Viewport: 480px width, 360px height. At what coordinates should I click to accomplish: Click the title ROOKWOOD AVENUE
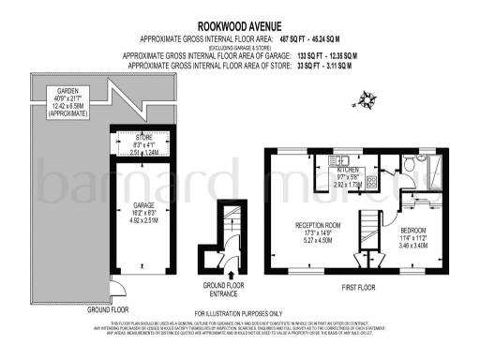pyautogui.click(x=239, y=27)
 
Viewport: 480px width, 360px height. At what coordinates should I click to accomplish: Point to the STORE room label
pyautogui.click(x=142, y=136)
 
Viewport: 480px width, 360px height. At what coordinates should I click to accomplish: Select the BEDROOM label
pyautogui.click(x=413, y=231)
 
